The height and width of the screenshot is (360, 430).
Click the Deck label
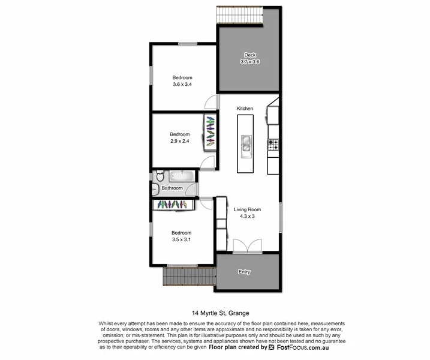tap(249, 55)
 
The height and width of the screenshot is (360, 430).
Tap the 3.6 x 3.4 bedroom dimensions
tap(182, 85)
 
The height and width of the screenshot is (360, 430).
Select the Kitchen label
tap(245, 109)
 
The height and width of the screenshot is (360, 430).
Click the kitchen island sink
tap(246, 143)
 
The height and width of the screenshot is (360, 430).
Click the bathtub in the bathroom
tap(182, 176)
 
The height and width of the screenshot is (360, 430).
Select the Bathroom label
tap(173, 188)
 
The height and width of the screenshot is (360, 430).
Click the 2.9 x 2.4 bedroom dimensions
tap(179, 142)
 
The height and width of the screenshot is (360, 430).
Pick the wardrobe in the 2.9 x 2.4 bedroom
tap(210, 131)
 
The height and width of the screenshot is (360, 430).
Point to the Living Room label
tap(247, 209)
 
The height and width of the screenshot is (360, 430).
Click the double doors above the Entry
tap(247, 245)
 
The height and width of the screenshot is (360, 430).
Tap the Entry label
tap(244, 272)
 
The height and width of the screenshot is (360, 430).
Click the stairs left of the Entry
tap(189, 277)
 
